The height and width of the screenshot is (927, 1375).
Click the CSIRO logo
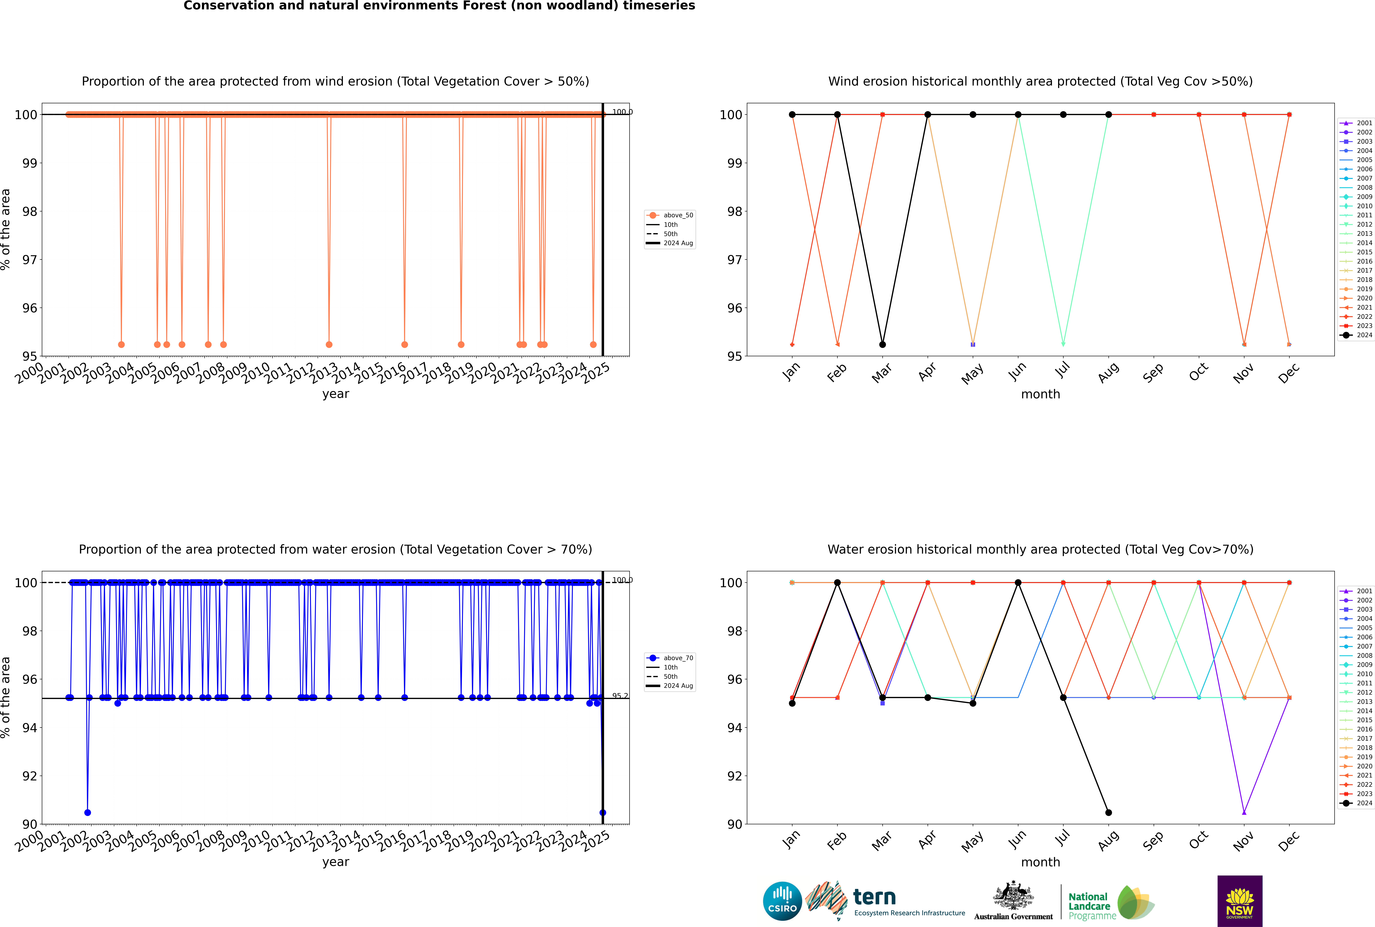(782, 901)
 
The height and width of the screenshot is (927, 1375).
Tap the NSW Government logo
(1240, 900)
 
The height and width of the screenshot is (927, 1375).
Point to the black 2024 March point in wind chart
(883, 345)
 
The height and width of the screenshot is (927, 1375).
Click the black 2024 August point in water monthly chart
(1108, 812)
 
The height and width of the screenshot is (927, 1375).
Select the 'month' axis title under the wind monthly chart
(1040, 394)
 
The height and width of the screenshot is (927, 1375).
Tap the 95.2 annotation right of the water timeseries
(620, 696)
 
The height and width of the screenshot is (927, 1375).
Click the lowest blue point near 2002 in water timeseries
(87, 812)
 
